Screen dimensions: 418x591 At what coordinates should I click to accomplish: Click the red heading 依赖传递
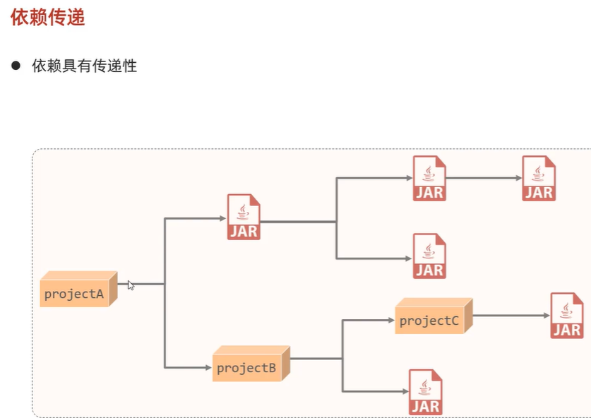click(x=48, y=18)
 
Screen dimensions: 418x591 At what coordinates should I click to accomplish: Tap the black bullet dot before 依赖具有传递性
click(x=16, y=66)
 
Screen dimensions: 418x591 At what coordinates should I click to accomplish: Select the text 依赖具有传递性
click(x=84, y=66)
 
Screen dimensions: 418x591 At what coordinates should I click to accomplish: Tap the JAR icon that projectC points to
click(x=567, y=315)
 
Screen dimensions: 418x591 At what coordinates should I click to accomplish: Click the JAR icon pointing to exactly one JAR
click(x=429, y=178)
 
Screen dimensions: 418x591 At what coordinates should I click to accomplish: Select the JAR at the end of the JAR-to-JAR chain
click(x=539, y=178)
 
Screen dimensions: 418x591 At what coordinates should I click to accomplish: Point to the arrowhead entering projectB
click(x=209, y=367)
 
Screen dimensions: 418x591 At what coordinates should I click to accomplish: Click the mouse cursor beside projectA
click(x=131, y=285)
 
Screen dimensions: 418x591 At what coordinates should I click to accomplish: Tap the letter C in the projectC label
click(x=454, y=321)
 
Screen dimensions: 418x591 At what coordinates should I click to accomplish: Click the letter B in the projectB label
click(x=271, y=368)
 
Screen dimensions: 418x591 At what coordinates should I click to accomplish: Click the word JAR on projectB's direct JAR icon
click(x=425, y=406)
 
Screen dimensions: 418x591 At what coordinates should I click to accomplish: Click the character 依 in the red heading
click(x=20, y=18)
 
